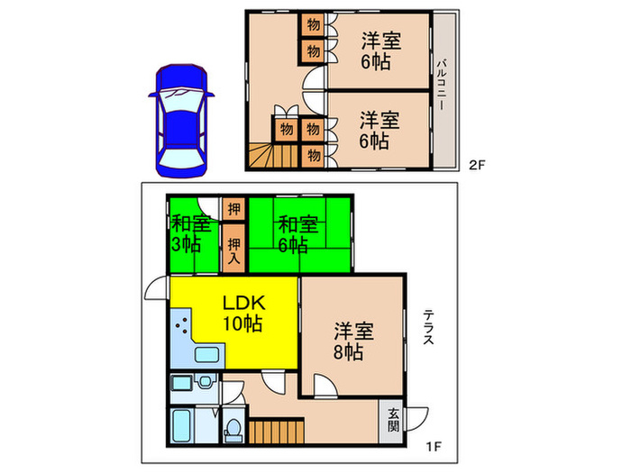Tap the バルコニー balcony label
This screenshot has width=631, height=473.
click(x=444, y=85)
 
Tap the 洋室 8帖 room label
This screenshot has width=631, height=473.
click(x=347, y=341)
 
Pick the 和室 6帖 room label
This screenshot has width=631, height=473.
click(x=297, y=234)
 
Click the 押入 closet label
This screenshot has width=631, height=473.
click(x=233, y=250)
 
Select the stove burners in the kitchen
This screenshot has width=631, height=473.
click(x=180, y=325)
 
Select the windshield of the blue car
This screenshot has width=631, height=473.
click(x=180, y=94)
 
